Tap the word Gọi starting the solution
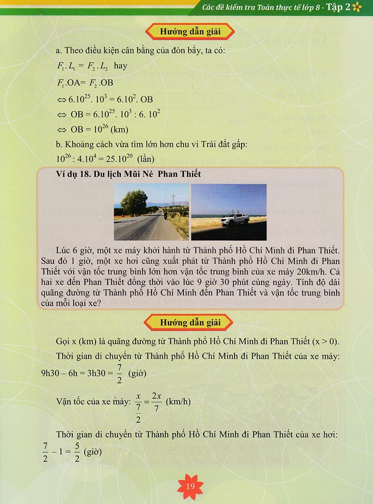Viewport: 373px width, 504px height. point(63,342)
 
